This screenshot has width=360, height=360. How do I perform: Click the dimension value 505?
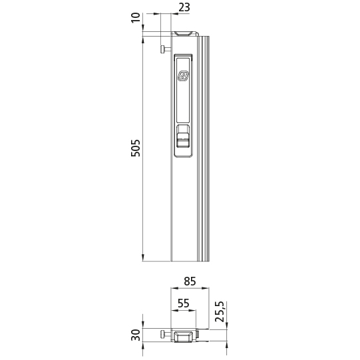[136, 148]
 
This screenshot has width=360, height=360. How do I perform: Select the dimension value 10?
[136, 15]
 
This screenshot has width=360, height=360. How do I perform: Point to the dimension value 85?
[190, 281]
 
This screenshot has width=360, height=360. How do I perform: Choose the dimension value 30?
[136, 335]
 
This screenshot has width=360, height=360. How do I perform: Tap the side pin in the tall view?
[164, 48]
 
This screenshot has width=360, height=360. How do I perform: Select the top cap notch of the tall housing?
[184, 32]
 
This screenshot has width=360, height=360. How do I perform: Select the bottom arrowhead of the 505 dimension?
[143, 258]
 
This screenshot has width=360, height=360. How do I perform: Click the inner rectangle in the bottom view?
[184, 337]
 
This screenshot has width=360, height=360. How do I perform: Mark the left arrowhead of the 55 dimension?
[174, 311]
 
